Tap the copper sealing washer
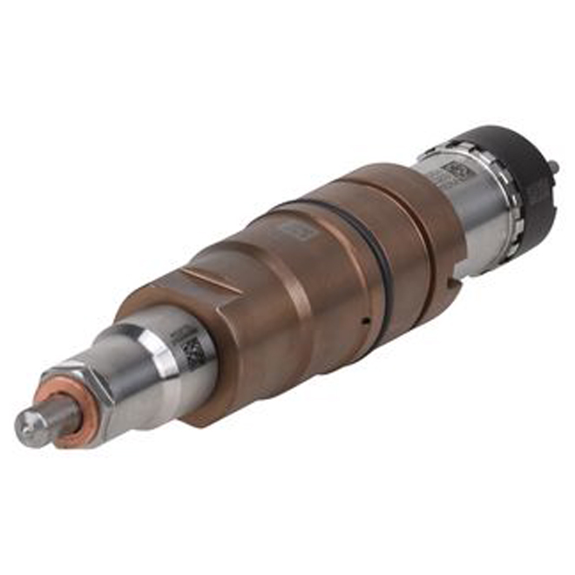[59, 409]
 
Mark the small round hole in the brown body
[368, 321]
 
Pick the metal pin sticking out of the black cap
[554, 165]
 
